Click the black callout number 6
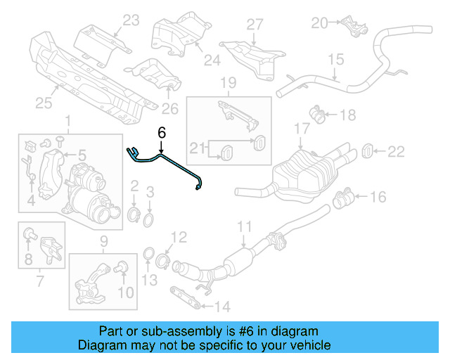pyautogui.click(x=162, y=132)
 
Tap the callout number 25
pyautogui.click(x=44, y=104)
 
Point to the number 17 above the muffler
pyautogui.click(x=301, y=128)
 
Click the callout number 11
pyautogui.click(x=243, y=226)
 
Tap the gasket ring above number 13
pyautogui.click(x=149, y=254)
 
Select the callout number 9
pyautogui.click(x=104, y=240)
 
